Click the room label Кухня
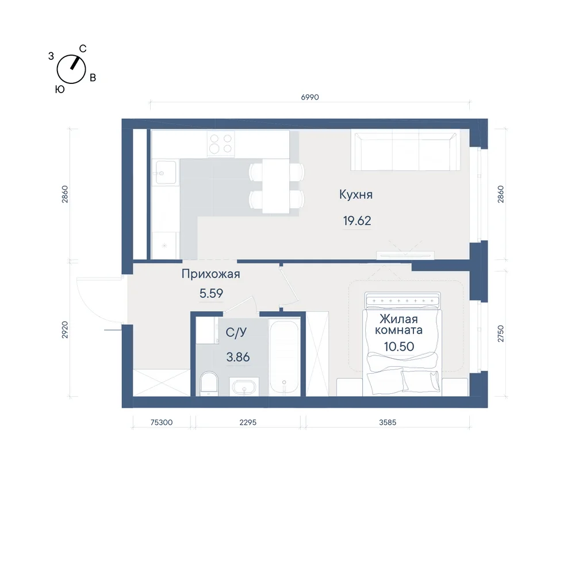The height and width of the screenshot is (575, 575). (356, 194)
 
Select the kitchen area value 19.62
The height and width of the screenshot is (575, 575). (357, 221)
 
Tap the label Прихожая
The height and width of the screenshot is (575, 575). (211, 274)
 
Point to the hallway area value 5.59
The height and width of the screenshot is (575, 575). (211, 293)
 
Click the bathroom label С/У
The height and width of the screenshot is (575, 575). (236, 332)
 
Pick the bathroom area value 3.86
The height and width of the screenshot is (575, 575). (238, 357)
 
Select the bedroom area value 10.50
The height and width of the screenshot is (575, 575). (399, 347)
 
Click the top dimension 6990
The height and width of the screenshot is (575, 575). (310, 97)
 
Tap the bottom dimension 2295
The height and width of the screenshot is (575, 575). (248, 423)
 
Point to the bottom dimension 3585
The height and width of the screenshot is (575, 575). (388, 423)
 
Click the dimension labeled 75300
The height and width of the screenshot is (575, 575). (162, 423)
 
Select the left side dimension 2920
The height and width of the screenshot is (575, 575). (65, 329)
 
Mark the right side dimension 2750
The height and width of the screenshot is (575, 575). (501, 333)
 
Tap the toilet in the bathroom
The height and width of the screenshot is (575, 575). (209, 384)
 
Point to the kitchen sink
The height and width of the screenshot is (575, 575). (166, 172)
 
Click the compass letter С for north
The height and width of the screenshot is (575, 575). (83, 48)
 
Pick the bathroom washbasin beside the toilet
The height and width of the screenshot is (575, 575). (244, 387)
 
